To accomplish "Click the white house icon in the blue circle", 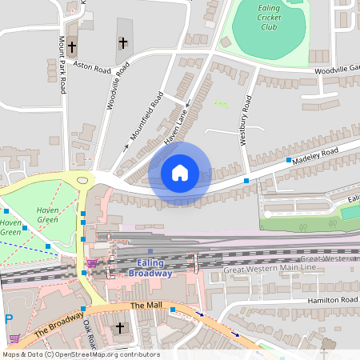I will pos(180,172).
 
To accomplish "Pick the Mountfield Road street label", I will pos(145,119).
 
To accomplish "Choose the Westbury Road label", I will pos(246,120).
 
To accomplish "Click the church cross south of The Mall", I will pos(121,328).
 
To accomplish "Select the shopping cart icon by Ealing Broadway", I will pos(93,263).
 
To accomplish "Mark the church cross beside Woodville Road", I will pos(122,42).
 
